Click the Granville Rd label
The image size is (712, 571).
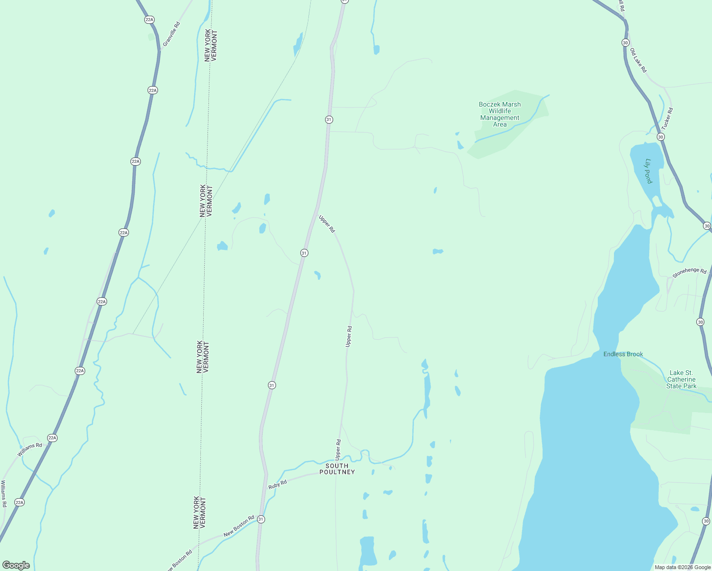[171, 34]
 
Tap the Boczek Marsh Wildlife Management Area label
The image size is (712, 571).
[500, 114]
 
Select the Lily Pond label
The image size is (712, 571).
[648, 171]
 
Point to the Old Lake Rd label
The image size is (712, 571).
[638, 60]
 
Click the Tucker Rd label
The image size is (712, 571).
[667, 119]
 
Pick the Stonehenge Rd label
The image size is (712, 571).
[689, 273]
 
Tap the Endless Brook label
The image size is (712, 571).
[623, 354]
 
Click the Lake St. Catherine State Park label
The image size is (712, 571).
[681, 379]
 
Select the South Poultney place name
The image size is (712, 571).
[337, 469]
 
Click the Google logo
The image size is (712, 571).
[16, 565]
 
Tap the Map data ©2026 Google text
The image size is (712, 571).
[682, 567]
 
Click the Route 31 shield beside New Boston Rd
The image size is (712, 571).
[261, 519]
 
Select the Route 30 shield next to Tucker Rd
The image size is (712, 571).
[661, 137]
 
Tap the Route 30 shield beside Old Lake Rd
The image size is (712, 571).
[625, 43]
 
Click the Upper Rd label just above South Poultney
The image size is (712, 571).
[338, 449]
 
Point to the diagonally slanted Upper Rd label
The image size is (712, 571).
[327, 224]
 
